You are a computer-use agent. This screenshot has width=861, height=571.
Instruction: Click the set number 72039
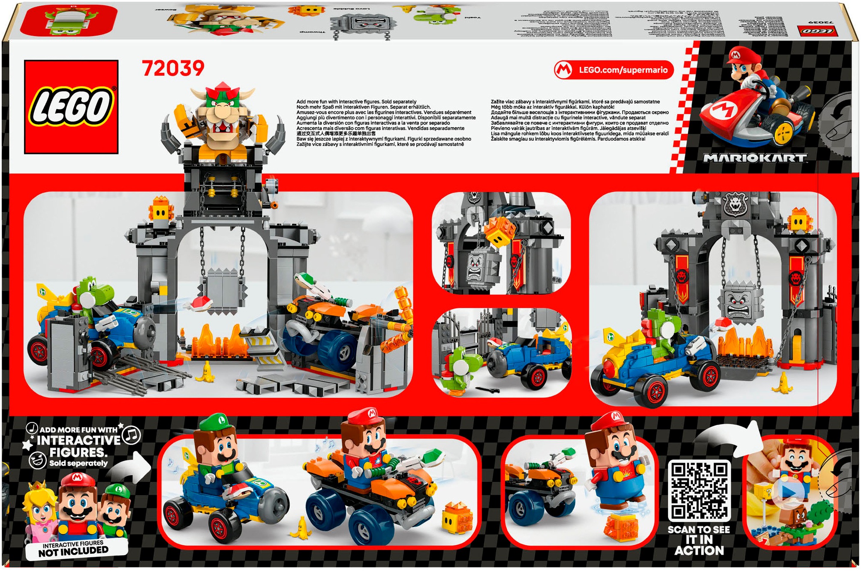173,69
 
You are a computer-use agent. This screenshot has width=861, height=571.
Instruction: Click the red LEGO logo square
71,107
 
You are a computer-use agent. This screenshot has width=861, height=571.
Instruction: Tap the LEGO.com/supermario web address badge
614,70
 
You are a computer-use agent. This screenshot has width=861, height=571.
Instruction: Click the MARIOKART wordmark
755,158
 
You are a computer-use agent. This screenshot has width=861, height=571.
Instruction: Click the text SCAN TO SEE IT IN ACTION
699,540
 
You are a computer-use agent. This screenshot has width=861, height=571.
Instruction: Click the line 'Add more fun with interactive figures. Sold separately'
356,102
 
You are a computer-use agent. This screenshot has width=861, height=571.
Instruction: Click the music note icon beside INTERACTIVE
132,435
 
